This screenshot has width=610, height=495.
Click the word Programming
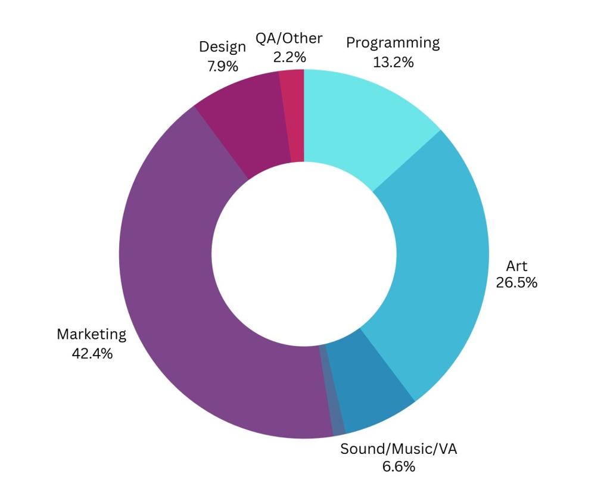(393, 43)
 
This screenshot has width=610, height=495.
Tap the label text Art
(516, 266)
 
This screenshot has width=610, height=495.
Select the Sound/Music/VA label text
(398, 449)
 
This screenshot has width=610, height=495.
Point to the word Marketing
(91, 334)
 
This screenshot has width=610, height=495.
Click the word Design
(222, 47)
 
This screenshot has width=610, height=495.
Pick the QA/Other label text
(289, 38)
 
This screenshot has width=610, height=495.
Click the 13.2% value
(393, 62)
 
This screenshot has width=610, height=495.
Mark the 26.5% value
(516, 282)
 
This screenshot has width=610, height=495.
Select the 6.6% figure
(398, 466)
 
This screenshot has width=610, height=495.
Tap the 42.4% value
(91, 353)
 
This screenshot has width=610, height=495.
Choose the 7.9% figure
(222, 66)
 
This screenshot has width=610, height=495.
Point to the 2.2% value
(289, 57)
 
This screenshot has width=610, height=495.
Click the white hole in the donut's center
(304, 254)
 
